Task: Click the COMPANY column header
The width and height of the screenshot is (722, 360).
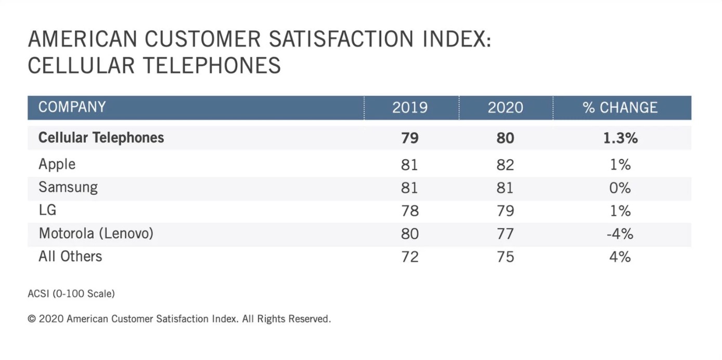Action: (72, 107)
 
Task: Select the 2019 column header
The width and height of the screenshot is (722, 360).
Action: (410, 108)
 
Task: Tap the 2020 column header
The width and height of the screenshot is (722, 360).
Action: (505, 108)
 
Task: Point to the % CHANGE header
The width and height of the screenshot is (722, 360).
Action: (620, 108)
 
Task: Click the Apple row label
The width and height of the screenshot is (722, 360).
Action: (57, 164)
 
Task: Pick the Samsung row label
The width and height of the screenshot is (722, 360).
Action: (68, 187)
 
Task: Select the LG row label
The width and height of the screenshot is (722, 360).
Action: (47, 210)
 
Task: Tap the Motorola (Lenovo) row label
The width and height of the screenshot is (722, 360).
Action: (96, 233)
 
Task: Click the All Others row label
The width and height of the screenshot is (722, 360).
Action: (70, 256)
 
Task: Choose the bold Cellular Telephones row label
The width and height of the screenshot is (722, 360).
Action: (101, 138)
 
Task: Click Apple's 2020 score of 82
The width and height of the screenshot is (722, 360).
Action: (505, 165)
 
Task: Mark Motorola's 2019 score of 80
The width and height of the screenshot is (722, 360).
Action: (410, 234)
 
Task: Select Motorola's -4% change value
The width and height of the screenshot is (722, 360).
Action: (620, 234)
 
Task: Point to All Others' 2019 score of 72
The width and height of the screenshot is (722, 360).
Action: (410, 256)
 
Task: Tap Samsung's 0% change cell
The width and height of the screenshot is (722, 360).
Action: (620, 188)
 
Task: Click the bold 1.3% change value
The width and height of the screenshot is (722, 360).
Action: (620, 138)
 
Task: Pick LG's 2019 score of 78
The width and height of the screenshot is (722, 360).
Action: (410, 211)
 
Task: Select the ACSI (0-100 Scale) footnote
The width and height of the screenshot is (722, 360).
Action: (71, 294)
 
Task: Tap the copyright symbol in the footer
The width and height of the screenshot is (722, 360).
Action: (32, 319)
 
